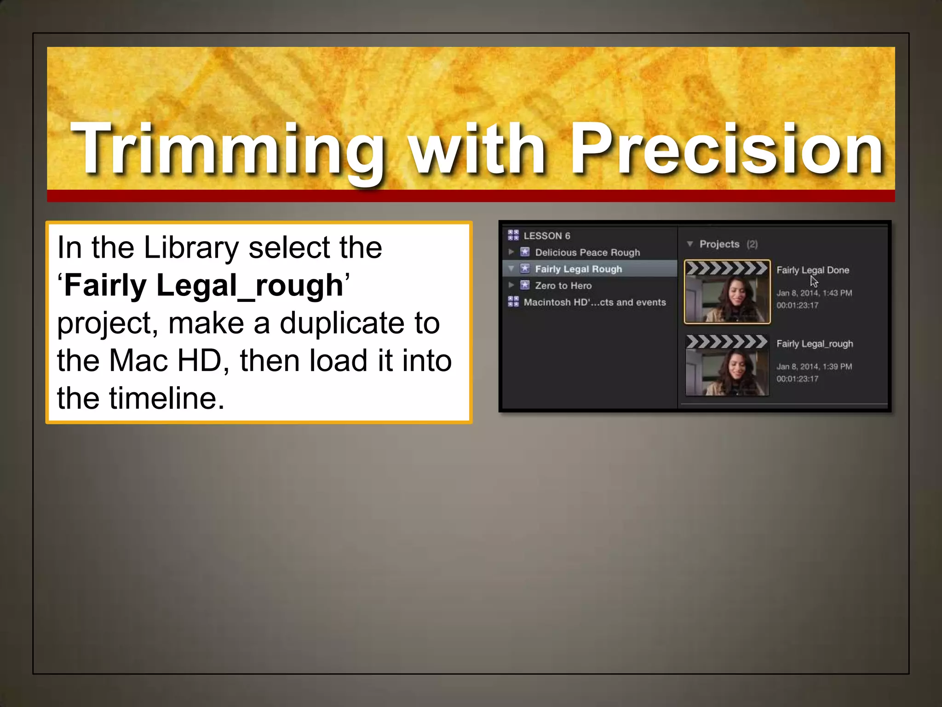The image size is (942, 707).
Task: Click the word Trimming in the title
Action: tap(228, 150)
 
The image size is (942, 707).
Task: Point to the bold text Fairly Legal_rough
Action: tap(204, 285)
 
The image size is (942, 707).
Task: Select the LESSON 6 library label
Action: tap(546, 236)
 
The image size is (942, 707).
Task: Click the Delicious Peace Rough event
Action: tap(587, 252)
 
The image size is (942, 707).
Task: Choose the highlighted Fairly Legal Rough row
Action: tap(578, 269)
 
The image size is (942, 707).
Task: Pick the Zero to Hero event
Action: tap(563, 285)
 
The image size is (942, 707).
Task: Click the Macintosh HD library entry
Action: tap(594, 302)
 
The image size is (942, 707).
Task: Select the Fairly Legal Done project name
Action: tap(812, 270)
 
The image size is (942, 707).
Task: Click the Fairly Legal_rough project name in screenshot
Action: tap(814, 344)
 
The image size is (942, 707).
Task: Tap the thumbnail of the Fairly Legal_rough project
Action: tap(727, 366)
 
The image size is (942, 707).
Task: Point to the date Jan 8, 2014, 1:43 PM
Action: tap(814, 293)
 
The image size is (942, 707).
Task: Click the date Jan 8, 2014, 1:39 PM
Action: tap(814, 367)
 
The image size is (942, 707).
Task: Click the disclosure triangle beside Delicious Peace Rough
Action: tap(511, 252)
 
